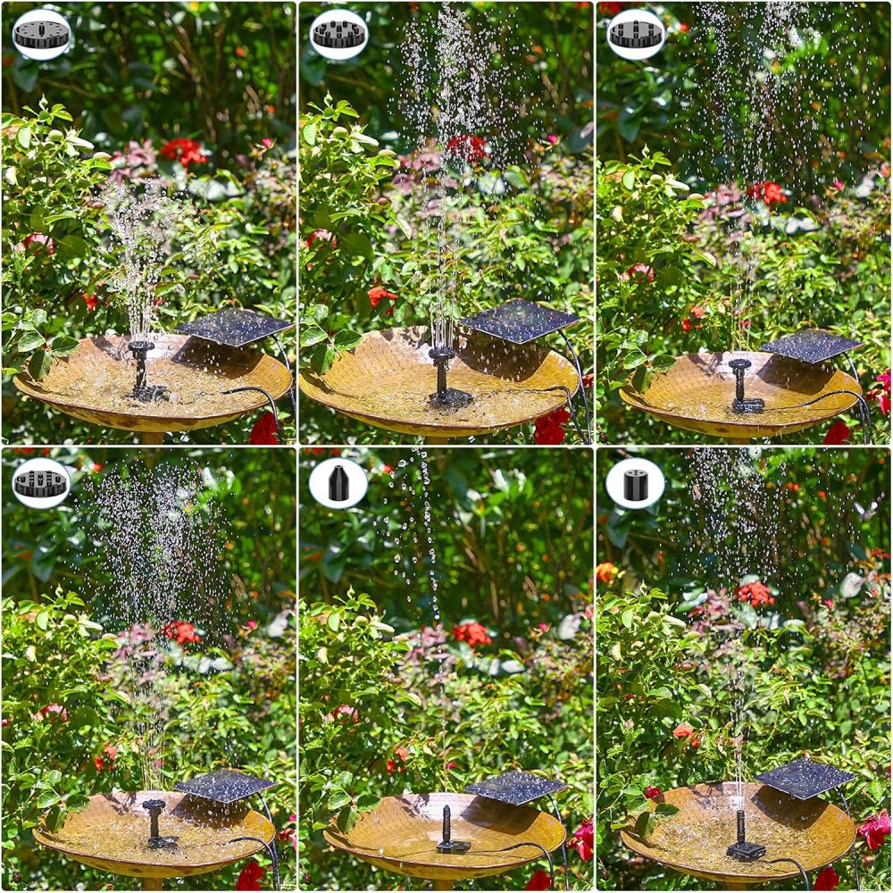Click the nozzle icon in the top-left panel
41,34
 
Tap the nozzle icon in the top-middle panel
338,34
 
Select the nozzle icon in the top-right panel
636,34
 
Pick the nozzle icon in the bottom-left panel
41,483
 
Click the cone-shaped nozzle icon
338,483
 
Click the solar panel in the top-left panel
234,327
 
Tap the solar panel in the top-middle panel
520,320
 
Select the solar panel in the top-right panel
810,346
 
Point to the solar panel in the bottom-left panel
224,785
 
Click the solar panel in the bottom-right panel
806,777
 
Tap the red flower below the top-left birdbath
264,430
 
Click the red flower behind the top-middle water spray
466,147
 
